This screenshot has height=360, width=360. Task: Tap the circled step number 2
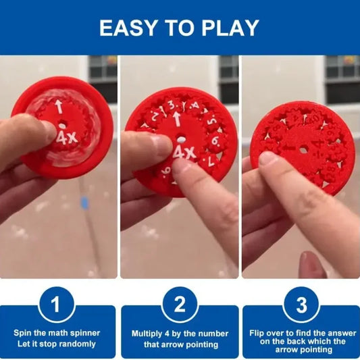180,305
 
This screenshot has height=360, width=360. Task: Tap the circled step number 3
301,305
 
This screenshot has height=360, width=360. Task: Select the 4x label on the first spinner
66,139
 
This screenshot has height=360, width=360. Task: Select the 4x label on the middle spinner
183,152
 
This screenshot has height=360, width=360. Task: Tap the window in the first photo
103,69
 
